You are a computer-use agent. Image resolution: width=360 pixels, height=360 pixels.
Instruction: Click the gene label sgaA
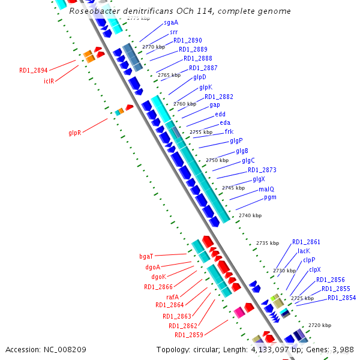170,23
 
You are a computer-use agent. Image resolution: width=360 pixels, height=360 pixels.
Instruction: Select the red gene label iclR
49,80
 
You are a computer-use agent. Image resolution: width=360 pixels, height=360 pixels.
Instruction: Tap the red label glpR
74,133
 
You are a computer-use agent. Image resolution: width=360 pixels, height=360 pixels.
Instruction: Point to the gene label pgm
270,197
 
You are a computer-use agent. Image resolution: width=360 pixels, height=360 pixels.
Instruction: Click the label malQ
266,189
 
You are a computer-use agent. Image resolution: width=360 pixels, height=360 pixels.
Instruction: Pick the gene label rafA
172,296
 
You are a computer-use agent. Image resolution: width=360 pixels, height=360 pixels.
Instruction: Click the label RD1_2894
33,70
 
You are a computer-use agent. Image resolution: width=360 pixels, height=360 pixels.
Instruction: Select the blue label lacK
304,251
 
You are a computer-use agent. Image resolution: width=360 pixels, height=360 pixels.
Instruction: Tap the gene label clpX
315,270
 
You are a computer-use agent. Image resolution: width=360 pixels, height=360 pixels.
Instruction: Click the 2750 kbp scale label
217,160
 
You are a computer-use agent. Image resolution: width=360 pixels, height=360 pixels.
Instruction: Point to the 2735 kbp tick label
268,243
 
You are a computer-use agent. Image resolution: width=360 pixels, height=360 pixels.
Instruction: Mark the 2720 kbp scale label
320,325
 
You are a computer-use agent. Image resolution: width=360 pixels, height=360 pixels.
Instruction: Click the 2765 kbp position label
169,75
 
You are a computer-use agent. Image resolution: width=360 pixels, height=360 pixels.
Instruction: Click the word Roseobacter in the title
94,11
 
